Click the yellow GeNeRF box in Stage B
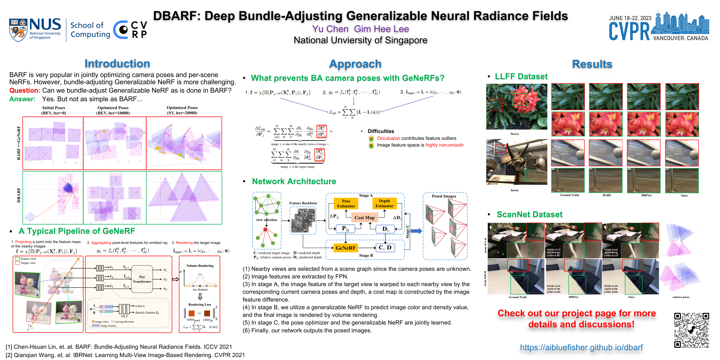(x=345, y=248)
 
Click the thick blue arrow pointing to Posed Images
(x=416, y=231)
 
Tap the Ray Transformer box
(x=142, y=279)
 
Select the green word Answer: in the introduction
(x=22, y=99)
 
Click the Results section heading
(x=592, y=64)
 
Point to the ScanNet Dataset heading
(x=529, y=214)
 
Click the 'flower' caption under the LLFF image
(x=515, y=134)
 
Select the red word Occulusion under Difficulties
(x=388, y=138)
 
